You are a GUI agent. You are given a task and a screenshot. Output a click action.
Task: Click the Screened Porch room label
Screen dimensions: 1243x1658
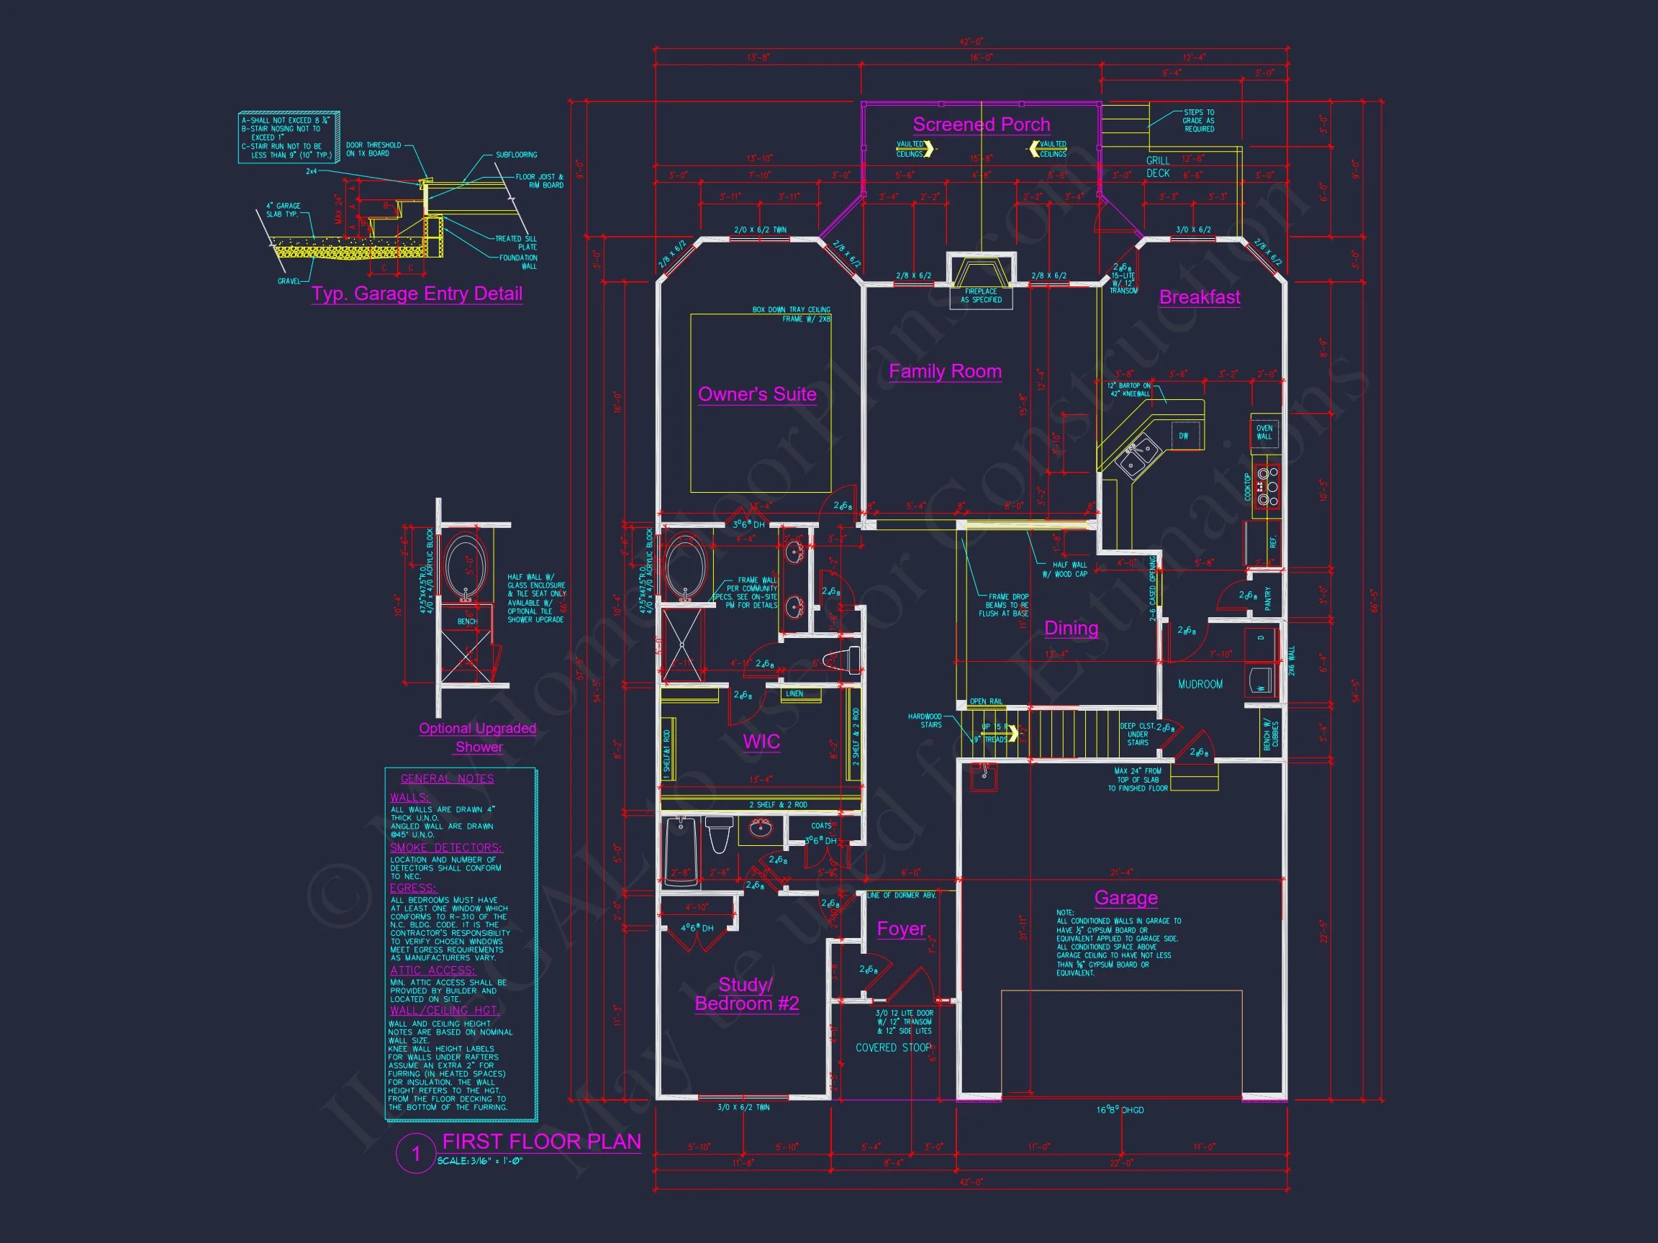(980, 124)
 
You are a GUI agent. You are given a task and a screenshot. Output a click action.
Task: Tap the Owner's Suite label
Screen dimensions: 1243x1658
(757, 394)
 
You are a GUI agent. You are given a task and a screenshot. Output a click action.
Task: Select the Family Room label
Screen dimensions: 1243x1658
(944, 372)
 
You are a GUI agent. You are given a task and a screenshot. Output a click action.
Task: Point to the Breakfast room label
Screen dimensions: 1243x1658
(1200, 298)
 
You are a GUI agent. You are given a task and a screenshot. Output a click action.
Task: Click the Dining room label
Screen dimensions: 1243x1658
(1071, 628)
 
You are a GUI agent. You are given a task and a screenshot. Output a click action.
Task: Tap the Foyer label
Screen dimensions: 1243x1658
(901, 929)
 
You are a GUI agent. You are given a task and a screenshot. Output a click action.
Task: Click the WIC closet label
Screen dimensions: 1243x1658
(761, 742)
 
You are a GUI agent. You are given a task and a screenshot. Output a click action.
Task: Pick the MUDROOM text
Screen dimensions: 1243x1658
(1200, 684)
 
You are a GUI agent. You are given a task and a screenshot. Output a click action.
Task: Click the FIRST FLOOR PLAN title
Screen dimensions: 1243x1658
(541, 1142)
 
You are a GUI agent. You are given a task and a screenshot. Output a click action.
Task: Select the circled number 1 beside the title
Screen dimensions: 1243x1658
(416, 1154)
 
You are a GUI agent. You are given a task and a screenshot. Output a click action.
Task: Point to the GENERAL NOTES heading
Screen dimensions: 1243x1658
(447, 778)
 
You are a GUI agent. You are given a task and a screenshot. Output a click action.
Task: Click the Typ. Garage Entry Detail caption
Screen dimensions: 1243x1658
(417, 293)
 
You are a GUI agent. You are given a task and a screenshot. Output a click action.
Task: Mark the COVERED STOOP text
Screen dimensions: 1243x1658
(893, 1047)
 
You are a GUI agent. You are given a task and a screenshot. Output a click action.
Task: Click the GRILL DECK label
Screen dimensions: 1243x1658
(1157, 167)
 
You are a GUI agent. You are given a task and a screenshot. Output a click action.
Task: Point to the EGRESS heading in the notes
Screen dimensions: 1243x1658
(412, 888)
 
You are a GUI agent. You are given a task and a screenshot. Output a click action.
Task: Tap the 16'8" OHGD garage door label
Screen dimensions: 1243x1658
(1120, 1110)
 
